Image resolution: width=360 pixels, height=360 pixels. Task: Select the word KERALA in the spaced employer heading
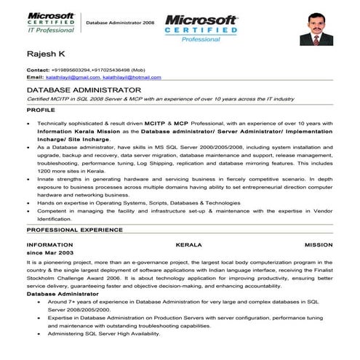pyautogui.click(x=191, y=244)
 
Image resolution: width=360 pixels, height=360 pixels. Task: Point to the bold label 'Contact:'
pyautogui.click(x=38, y=70)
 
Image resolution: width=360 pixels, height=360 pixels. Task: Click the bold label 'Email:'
pyautogui.click(x=35, y=77)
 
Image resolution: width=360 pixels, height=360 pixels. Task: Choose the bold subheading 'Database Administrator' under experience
pyautogui.click(x=59, y=293)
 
